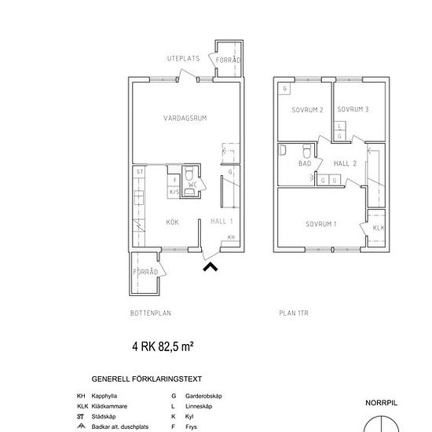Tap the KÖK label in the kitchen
coord(172,222)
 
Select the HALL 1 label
coord(222,222)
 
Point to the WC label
coord(192,185)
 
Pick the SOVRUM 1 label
coord(320,225)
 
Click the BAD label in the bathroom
coord(305,164)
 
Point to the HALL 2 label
coord(346,163)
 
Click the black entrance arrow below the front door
coord(211,267)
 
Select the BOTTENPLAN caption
coord(151,313)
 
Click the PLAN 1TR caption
coord(295,313)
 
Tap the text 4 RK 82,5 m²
coord(163,346)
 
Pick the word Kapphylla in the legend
coord(107,397)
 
